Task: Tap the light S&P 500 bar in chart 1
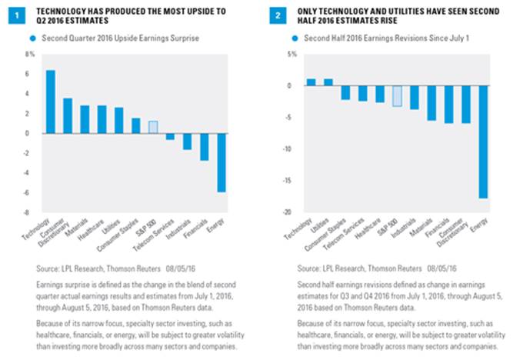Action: [153, 127]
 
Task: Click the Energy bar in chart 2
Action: [483, 142]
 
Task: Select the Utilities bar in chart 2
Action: [328, 82]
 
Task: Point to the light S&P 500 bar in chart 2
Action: [397, 95]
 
